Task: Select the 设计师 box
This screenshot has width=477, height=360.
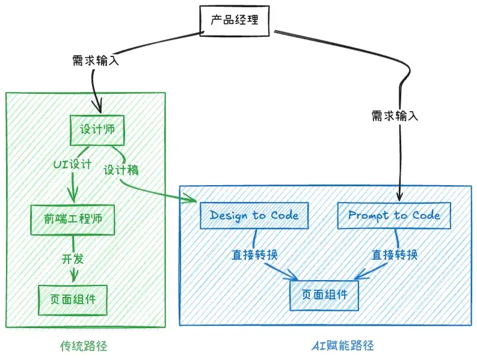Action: pyautogui.click(x=97, y=130)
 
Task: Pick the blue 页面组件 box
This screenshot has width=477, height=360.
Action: pyautogui.click(x=324, y=295)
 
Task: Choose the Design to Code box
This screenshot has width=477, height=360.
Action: pyautogui.click(x=254, y=215)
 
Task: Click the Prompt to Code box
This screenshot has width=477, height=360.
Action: pyautogui.click(x=394, y=215)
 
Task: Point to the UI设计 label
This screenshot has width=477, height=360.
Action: pyautogui.click(x=72, y=164)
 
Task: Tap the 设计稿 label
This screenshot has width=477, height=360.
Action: pyautogui.click(x=120, y=170)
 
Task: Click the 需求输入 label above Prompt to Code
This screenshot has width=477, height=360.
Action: pyautogui.click(x=395, y=115)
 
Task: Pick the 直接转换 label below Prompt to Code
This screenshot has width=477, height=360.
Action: pyautogui.click(x=395, y=254)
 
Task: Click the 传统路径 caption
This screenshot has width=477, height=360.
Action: pyautogui.click(x=84, y=347)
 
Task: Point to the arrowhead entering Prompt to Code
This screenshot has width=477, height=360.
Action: pyautogui.click(x=399, y=196)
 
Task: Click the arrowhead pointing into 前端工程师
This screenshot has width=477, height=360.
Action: pyautogui.click(x=73, y=197)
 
